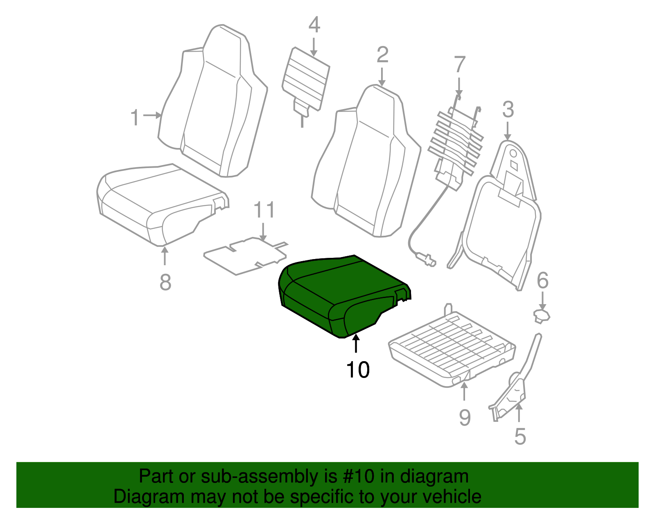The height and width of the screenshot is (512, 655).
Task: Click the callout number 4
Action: (x=314, y=25)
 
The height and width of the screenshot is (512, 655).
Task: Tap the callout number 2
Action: (x=382, y=55)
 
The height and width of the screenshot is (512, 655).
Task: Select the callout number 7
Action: (x=460, y=65)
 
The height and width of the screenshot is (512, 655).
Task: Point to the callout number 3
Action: (x=508, y=110)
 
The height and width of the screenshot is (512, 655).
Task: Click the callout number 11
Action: (x=264, y=210)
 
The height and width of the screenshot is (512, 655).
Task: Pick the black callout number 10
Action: (x=358, y=370)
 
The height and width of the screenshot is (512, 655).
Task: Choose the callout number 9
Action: (x=465, y=417)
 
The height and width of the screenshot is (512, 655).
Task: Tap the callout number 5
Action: (x=519, y=436)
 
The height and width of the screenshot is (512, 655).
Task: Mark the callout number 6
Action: (x=542, y=281)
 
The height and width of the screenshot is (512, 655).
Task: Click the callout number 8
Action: (x=165, y=282)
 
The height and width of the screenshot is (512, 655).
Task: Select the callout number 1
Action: (x=135, y=118)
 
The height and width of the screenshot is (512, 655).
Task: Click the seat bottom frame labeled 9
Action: (x=450, y=348)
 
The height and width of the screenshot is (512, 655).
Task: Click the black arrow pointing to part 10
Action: (x=356, y=344)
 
